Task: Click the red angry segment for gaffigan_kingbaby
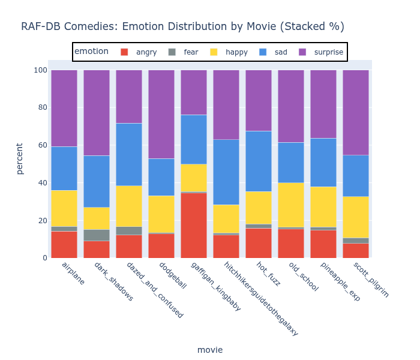click(x=194, y=225)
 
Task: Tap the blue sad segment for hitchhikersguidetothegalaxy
click(x=226, y=172)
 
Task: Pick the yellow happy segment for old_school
click(x=291, y=205)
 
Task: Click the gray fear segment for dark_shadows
click(x=97, y=235)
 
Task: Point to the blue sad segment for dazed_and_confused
click(x=129, y=154)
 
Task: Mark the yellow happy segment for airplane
click(x=64, y=208)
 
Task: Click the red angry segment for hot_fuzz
click(x=259, y=243)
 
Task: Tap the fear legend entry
click(x=184, y=52)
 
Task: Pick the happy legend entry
click(x=229, y=52)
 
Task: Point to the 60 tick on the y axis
click(x=40, y=145)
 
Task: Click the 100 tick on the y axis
click(x=40, y=70)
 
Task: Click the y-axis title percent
click(x=20, y=158)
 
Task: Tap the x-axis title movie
click(x=210, y=350)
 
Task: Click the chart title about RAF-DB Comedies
click(x=182, y=26)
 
